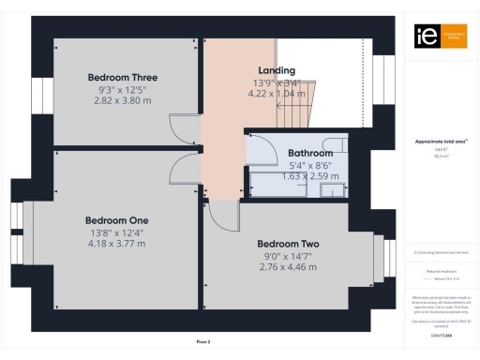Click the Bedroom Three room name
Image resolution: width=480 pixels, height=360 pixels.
(x=122, y=78)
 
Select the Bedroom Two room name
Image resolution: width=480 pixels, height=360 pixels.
(x=289, y=244)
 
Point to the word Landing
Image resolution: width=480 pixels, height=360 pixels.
(x=277, y=70)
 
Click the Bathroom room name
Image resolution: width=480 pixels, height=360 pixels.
(x=310, y=152)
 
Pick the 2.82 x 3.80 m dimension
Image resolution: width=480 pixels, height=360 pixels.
(x=122, y=100)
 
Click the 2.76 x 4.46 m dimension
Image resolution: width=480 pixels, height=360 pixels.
(x=289, y=267)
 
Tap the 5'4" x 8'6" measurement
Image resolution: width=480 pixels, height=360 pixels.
(x=310, y=164)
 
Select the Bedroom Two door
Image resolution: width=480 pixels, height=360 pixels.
(x=223, y=217)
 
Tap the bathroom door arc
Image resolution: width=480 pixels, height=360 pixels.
(x=262, y=150)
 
